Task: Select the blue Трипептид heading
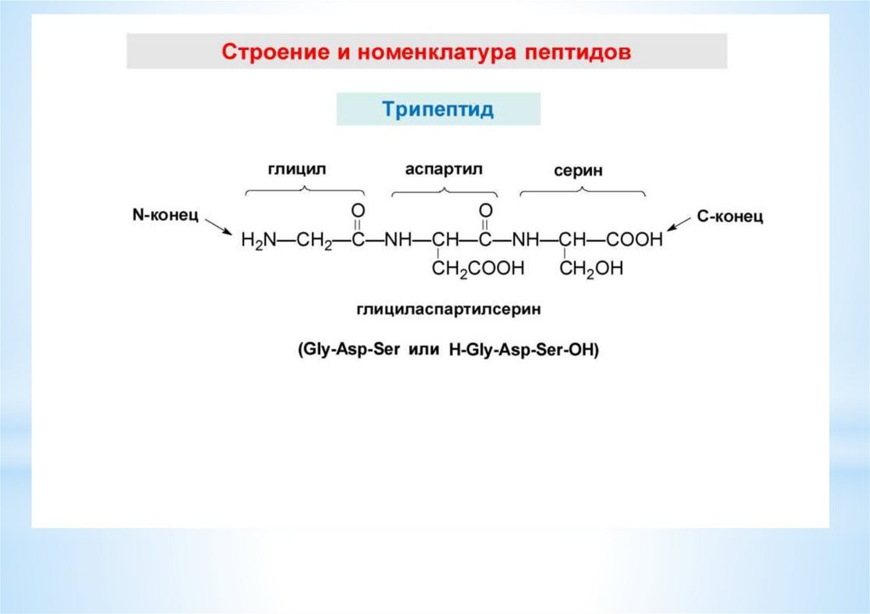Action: coord(438,110)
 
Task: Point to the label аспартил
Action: coord(443,169)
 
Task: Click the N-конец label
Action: coord(165,216)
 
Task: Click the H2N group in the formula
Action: coord(258,240)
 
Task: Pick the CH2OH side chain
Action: coord(591,269)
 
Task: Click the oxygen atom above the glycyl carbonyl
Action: coord(358,210)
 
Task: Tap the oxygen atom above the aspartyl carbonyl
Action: coord(485,210)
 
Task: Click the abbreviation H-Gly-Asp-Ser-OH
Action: coord(517,351)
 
